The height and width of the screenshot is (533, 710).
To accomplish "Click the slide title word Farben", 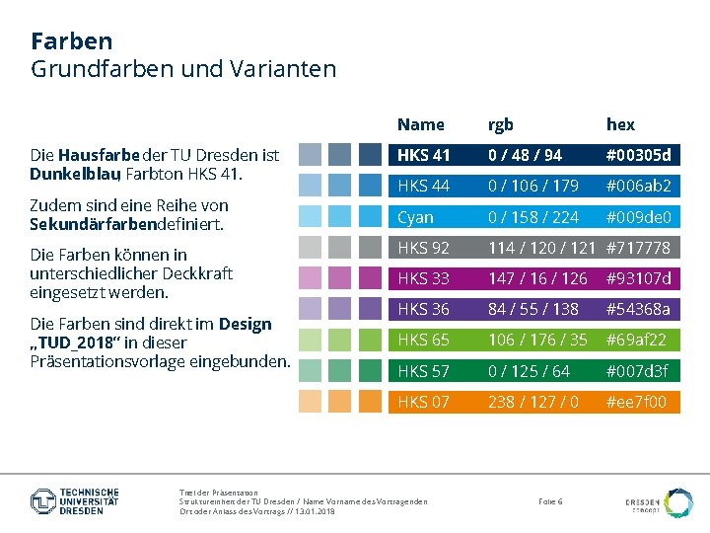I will coord(71,41).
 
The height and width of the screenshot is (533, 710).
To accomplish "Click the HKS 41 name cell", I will coord(423,155).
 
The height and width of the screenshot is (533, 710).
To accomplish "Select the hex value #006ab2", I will coord(638,186).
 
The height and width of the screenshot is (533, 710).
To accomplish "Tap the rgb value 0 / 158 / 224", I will coord(533,217).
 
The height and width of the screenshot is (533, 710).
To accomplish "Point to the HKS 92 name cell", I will coord(423,248).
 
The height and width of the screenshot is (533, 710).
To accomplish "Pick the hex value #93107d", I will coord(638,278).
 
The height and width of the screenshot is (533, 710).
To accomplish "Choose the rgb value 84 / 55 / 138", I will coord(533,309).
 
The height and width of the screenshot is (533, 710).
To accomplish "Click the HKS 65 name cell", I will coord(423,340).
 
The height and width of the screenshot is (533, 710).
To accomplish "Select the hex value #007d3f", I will coord(637,371).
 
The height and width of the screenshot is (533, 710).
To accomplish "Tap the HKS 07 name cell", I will coord(423,402).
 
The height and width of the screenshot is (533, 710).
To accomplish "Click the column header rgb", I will coord(501,124).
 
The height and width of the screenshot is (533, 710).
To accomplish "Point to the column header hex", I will coord(620,124).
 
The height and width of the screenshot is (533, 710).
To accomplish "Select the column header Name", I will coord(421,124).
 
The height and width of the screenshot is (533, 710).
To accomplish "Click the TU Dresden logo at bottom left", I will coord(75,500).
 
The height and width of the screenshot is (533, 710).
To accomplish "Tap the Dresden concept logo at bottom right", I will coord(660,502).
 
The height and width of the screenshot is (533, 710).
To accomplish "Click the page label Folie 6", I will coord(550,501).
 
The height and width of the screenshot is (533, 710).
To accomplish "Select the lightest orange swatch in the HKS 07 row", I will coord(310,402).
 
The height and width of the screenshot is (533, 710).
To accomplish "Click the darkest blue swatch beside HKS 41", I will coord(370,155).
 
